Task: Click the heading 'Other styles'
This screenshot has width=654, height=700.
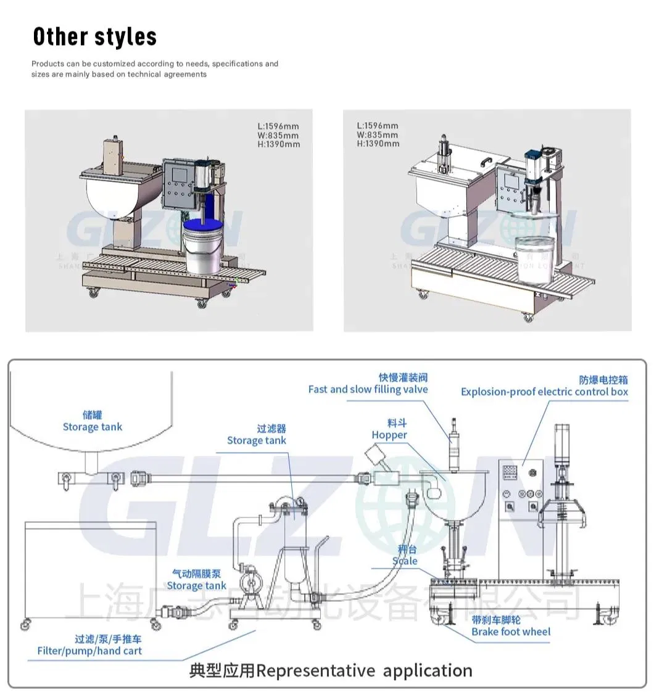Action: (x=94, y=37)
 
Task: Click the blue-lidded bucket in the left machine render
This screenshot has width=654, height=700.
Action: (x=201, y=247)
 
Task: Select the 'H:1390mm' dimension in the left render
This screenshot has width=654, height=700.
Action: (x=279, y=144)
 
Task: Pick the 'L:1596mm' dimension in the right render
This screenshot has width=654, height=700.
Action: (x=378, y=126)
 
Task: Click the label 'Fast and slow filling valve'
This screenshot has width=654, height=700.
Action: (x=368, y=389)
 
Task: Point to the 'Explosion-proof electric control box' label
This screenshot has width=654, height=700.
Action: (x=544, y=392)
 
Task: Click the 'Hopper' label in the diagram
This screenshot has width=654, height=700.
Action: (x=389, y=435)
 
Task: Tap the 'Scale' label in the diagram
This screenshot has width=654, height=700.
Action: (x=405, y=561)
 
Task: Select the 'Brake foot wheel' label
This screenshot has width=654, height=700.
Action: (x=510, y=632)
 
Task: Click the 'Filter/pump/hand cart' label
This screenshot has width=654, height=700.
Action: (x=89, y=651)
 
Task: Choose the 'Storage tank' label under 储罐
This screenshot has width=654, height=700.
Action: (x=93, y=427)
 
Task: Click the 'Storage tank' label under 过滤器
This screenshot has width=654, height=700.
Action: (x=256, y=440)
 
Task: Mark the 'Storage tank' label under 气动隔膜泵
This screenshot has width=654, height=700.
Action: (x=196, y=586)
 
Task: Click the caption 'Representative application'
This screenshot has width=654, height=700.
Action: (x=364, y=670)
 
